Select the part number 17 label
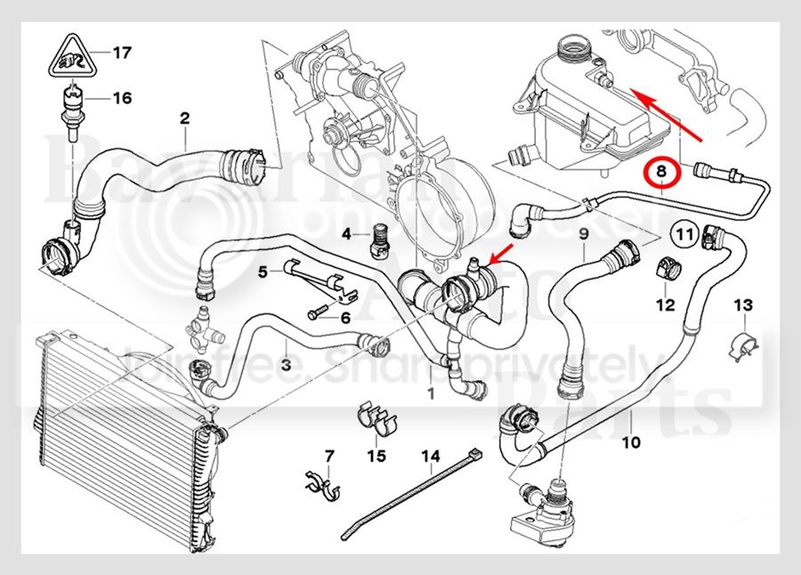[122, 53]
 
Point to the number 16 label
[122, 98]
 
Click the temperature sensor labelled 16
[70, 103]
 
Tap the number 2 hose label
[185, 117]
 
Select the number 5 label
[263, 271]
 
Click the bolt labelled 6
[318, 313]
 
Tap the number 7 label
[328, 457]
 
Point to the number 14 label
[431, 457]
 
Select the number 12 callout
[666, 306]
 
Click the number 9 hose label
[583, 234]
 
